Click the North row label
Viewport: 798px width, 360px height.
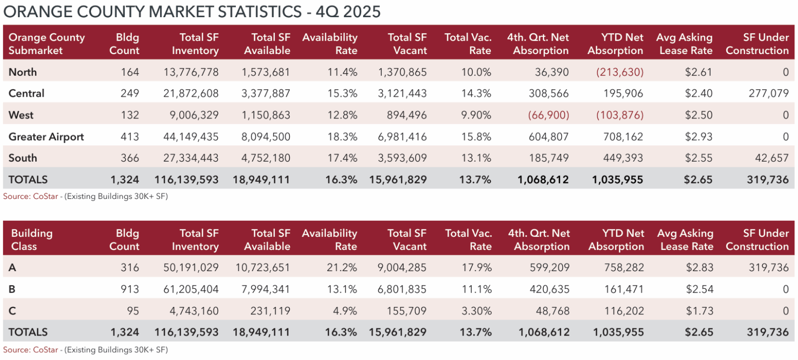pyautogui.click(x=22, y=72)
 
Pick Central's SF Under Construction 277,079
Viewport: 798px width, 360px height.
pyautogui.click(x=766, y=94)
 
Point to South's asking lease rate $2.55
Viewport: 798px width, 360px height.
pyautogui.click(x=699, y=158)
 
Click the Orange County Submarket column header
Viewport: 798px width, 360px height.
pyautogui.click(x=47, y=44)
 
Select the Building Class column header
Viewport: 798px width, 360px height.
pyautogui.click(x=32, y=239)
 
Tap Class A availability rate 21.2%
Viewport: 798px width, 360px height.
pyautogui.click(x=343, y=268)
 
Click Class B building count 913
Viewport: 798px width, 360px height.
pyautogui.click(x=130, y=289)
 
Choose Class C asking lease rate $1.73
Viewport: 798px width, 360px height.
pyautogui.click(x=699, y=311)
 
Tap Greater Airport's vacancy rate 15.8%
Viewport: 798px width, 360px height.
pyautogui.click(x=477, y=137)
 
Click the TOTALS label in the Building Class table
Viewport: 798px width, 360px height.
pyautogui.click(x=28, y=332)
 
